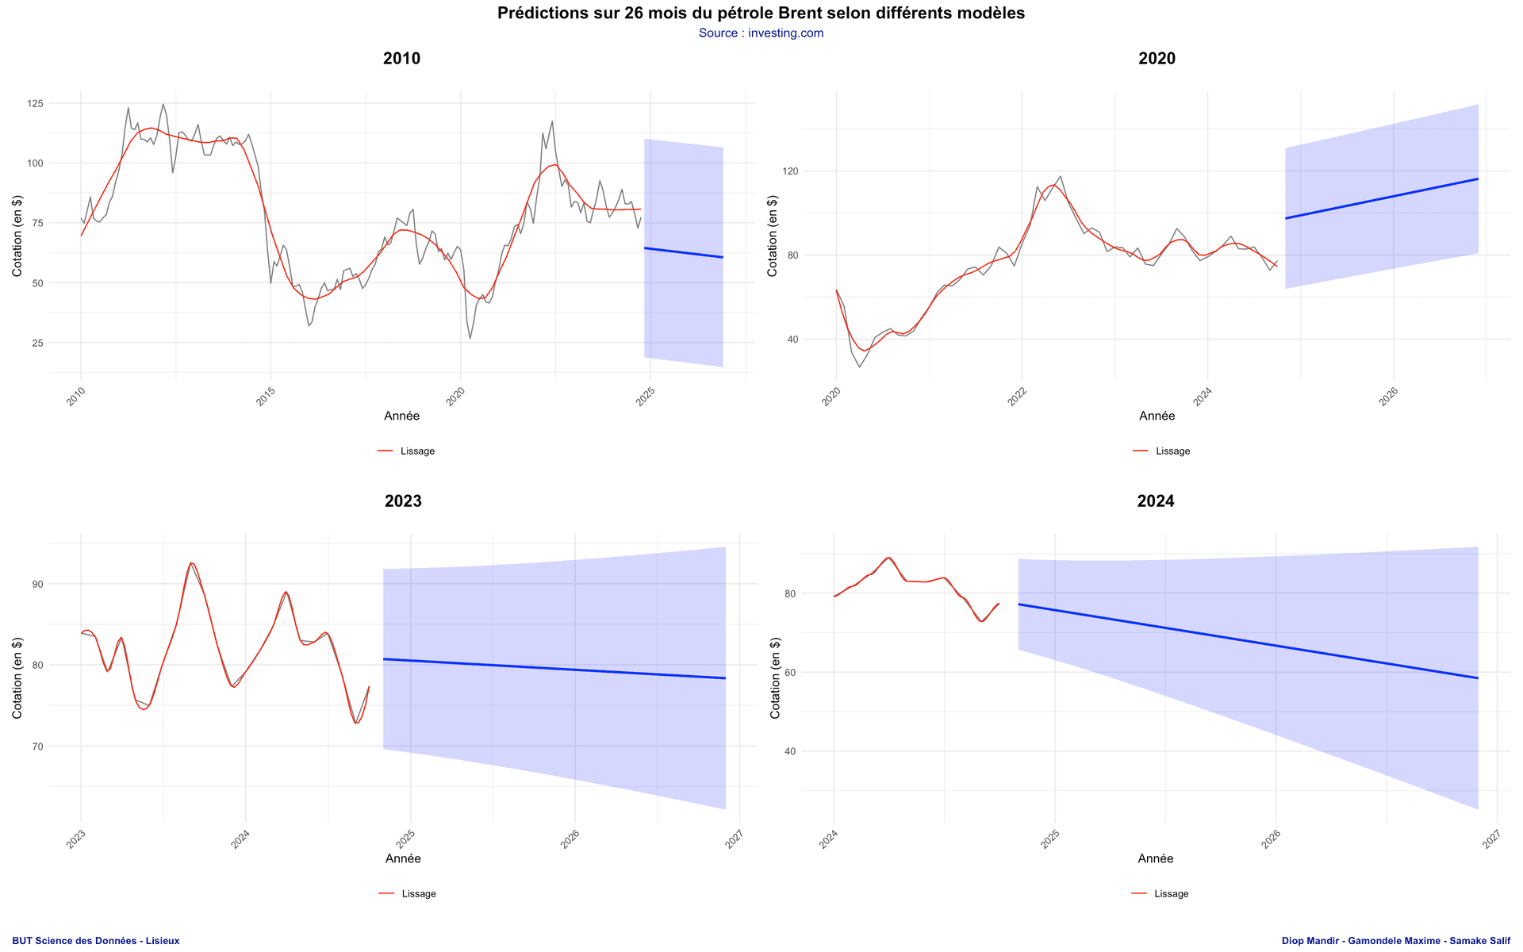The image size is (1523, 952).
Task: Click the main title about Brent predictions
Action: [x=761, y=13]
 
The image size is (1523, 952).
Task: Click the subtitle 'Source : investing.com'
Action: [x=761, y=33]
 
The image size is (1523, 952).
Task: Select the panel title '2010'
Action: [x=401, y=59]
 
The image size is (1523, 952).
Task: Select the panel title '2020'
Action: [x=1157, y=59]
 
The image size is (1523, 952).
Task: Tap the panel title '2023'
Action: [x=403, y=501]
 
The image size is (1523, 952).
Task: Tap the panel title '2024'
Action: [x=1155, y=501]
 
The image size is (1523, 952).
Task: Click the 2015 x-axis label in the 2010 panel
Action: [x=266, y=397]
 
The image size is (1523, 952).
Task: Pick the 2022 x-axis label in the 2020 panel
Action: [x=1017, y=397]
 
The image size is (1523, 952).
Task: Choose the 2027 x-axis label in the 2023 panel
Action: [x=734, y=839]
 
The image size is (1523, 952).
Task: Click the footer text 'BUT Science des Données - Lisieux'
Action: [x=96, y=941]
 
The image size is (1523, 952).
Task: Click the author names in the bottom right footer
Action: [x=1395, y=941]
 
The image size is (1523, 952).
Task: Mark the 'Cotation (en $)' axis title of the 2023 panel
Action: [x=17, y=679]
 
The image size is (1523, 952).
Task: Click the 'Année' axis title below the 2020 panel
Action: [x=1157, y=416]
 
